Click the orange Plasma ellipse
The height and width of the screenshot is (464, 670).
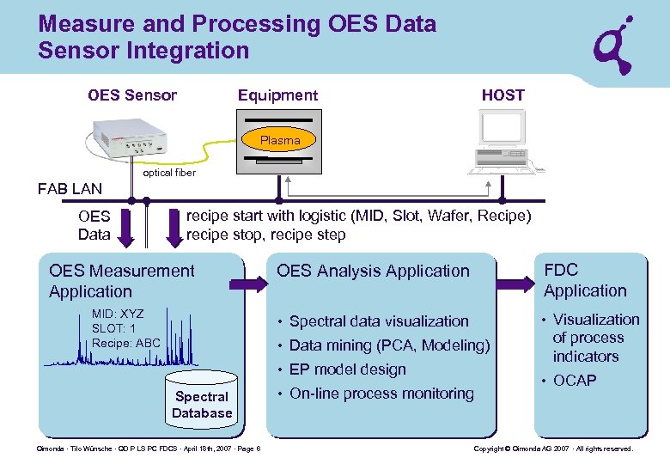tap(280, 139)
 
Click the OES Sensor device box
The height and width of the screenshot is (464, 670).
tap(129, 137)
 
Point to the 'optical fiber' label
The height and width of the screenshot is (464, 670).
tap(169, 173)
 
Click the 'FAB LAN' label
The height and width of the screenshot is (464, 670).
tap(70, 189)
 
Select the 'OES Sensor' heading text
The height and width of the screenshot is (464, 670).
tap(132, 95)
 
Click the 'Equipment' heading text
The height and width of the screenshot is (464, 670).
tap(277, 95)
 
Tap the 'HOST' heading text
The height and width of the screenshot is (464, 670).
tap(502, 95)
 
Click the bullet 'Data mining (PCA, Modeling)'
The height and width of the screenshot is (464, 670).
tap(389, 345)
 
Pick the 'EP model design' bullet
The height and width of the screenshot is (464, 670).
tap(347, 369)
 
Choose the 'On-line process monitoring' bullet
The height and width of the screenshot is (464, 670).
tap(381, 394)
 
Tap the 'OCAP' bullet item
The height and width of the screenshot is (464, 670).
tap(574, 380)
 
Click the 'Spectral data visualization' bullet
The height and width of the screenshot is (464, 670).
tap(379, 321)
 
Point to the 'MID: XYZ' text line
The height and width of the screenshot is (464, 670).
tap(118, 314)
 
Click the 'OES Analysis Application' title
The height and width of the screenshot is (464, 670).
tap(373, 271)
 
